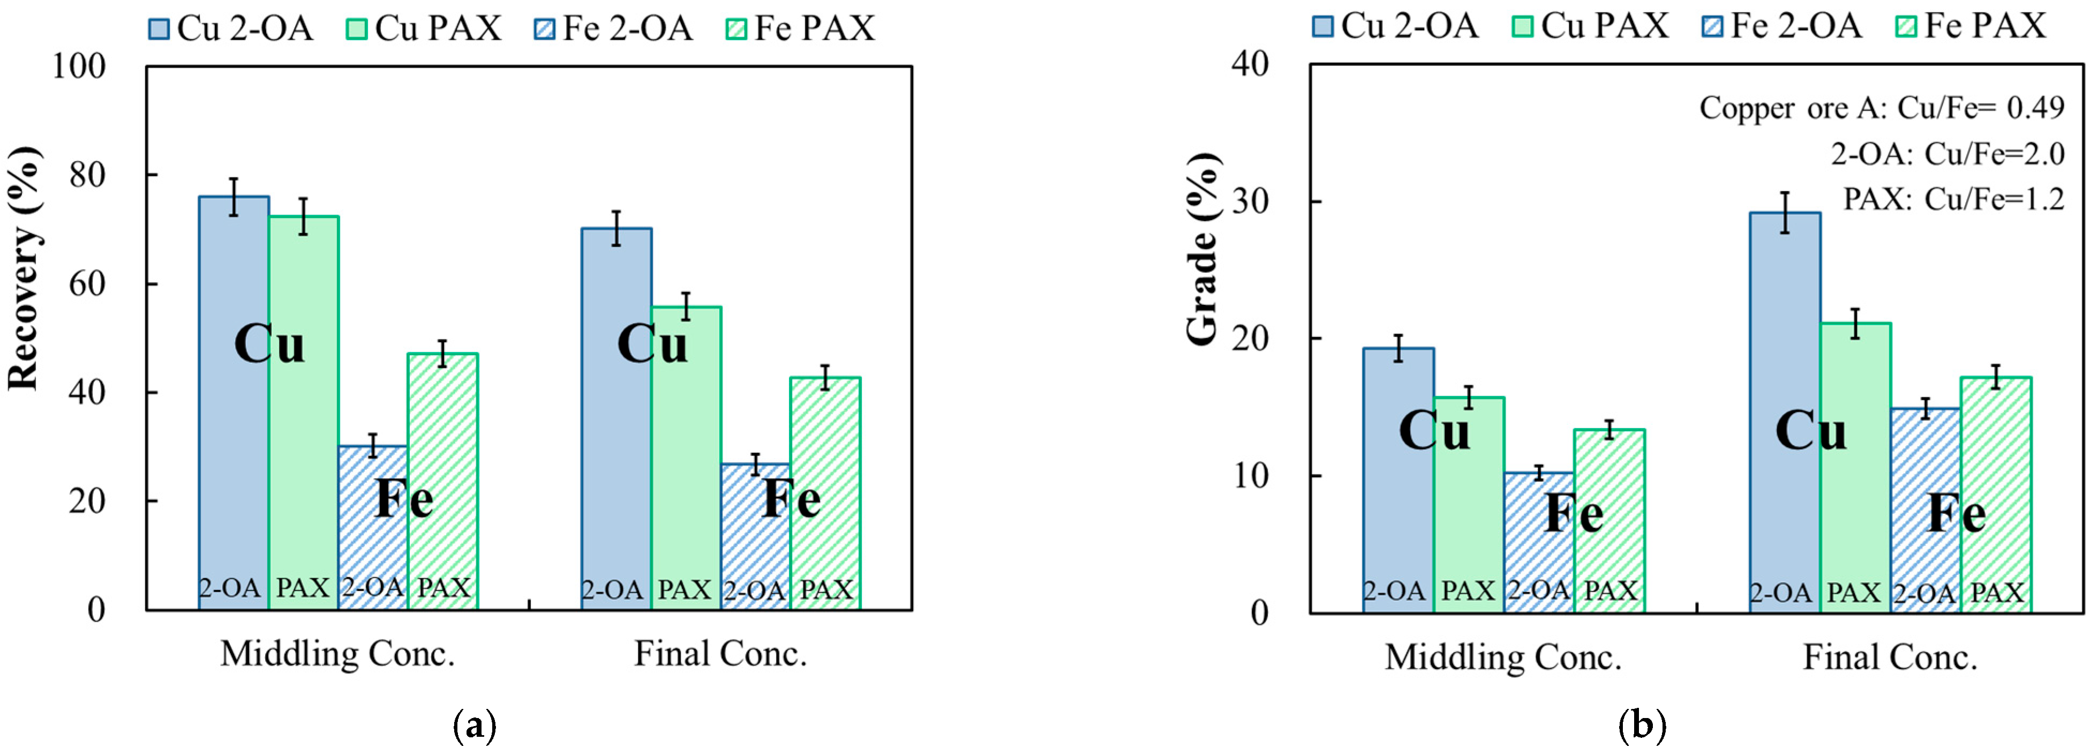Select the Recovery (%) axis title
click(22, 268)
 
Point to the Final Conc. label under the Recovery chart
click(720, 654)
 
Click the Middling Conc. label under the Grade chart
click(1502, 657)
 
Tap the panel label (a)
click(474, 725)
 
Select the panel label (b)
click(1641, 725)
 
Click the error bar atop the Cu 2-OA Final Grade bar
click(1784, 213)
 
